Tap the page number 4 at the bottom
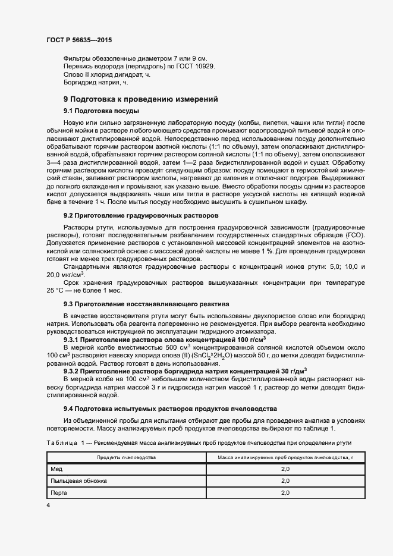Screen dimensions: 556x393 tap(48, 505)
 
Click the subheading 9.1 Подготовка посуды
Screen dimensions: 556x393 tap(102, 111)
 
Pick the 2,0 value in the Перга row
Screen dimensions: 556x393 tap(285, 492)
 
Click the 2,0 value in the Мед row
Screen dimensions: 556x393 tap(285, 469)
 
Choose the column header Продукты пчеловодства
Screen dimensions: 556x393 tap(126, 457)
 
